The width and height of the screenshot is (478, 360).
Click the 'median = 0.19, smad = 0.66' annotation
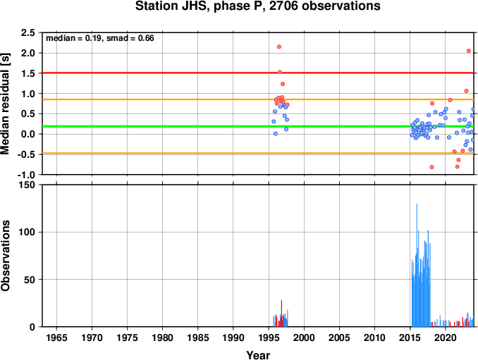[x=100, y=38]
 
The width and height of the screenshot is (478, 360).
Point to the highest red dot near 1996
[x=279, y=46]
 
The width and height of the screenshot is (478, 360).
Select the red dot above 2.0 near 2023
[x=469, y=51]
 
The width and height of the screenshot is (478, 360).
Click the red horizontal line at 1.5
[x=258, y=73]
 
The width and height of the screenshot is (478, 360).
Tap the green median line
[x=258, y=126]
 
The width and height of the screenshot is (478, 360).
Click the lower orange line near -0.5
[x=258, y=153]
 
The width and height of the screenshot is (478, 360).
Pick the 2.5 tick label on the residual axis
[x=27, y=32]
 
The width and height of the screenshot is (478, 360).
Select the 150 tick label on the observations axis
[x=27, y=185]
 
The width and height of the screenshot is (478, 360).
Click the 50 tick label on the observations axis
[x=30, y=280]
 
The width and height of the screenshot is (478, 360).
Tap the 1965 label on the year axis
[x=56, y=337]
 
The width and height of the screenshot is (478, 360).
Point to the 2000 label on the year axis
[x=304, y=337]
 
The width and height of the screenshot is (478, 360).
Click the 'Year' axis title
[x=258, y=355]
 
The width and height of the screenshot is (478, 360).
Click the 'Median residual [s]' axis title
[x=5, y=104]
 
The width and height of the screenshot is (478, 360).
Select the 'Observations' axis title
[x=5, y=256]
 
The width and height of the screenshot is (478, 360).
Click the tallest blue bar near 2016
[x=417, y=265]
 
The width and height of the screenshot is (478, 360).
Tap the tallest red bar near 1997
[x=281, y=314]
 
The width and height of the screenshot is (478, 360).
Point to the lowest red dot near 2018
[x=431, y=167]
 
